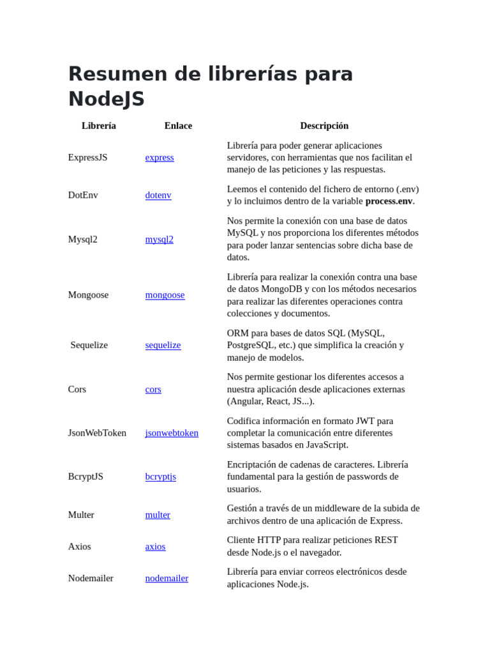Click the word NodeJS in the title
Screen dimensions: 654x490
coord(106,99)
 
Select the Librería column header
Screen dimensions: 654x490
coord(99,126)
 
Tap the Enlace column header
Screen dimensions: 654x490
coord(178,126)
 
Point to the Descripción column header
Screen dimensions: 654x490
coord(324,126)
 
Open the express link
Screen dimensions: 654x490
coord(160,157)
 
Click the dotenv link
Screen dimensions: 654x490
coord(158,195)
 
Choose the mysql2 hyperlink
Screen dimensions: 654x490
coord(160,239)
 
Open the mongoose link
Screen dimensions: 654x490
coord(165,294)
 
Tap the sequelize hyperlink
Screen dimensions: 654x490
coord(163,345)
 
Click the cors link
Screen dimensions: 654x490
coord(153,389)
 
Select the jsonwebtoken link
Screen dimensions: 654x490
coord(172,432)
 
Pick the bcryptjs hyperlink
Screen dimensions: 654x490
coord(161,476)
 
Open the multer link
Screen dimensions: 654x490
coord(158,515)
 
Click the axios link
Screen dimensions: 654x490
coord(155,546)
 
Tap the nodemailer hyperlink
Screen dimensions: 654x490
coord(167,578)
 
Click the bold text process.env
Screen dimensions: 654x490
coord(389,201)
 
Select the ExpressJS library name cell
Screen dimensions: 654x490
coord(88,157)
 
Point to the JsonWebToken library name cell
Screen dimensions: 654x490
coord(97,432)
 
